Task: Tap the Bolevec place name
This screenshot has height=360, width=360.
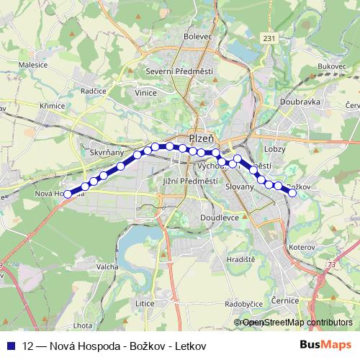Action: (x=198, y=35)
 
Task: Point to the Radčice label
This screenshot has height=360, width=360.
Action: (x=94, y=92)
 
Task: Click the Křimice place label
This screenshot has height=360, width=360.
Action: (x=53, y=106)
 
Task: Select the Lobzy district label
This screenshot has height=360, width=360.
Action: (x=275, y=149)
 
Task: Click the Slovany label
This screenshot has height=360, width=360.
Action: (x=240, y=186)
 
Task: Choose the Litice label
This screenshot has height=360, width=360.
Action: (x=145, y=303)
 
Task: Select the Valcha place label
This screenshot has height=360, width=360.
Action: (x=107, y=266)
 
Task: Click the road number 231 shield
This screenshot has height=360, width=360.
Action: (x=269, y=38)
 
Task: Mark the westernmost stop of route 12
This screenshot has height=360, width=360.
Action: (x=68, y=194)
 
